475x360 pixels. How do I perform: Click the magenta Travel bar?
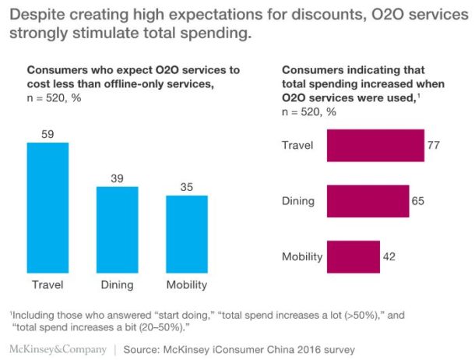pos(375,146)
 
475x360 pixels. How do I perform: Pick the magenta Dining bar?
pos(368,201)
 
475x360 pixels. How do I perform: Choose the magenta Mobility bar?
pos(353,256)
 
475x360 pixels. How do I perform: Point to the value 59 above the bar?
pos(47,135)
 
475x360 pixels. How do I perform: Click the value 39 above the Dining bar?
pos(117,178)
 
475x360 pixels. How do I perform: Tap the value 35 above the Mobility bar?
pos(186,187)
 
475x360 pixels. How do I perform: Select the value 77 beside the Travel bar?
pos(435,146)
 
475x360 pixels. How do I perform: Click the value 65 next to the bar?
pos(419,201)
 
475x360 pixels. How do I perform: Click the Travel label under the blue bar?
pos(47,284)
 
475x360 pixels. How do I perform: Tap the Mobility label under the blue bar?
pos(186,284)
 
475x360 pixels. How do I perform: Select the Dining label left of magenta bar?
pos(297,201)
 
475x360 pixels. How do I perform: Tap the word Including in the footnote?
pos(36,313)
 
